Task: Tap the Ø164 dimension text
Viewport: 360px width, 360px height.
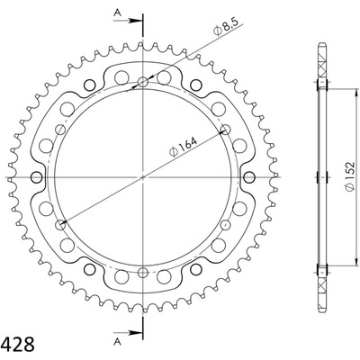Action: point(183,147)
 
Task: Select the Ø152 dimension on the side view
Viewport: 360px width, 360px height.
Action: point(349,176)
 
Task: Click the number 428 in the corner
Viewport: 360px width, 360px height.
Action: point(17,344)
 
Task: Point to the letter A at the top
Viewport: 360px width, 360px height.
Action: point(118,12)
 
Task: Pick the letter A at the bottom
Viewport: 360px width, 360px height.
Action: point(118,341)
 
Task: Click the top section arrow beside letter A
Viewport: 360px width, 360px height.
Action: point(127,21)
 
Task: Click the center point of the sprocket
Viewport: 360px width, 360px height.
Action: point(143,177)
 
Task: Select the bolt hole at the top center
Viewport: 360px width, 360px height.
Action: point(143,82)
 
